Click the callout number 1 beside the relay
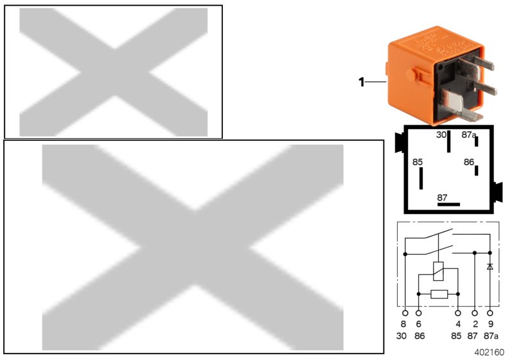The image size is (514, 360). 361,82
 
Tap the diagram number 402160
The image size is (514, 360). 490,352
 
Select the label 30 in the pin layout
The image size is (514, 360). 441,135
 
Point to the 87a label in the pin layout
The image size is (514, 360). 469,135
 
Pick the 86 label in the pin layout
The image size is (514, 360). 469,163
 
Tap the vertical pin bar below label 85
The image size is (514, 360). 421,179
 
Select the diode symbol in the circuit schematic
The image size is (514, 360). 490,266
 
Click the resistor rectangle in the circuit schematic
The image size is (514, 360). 439,294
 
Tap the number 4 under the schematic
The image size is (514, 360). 457,325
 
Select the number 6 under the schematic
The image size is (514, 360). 419,325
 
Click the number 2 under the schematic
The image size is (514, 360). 475,325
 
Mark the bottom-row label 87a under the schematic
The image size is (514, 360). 492,337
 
